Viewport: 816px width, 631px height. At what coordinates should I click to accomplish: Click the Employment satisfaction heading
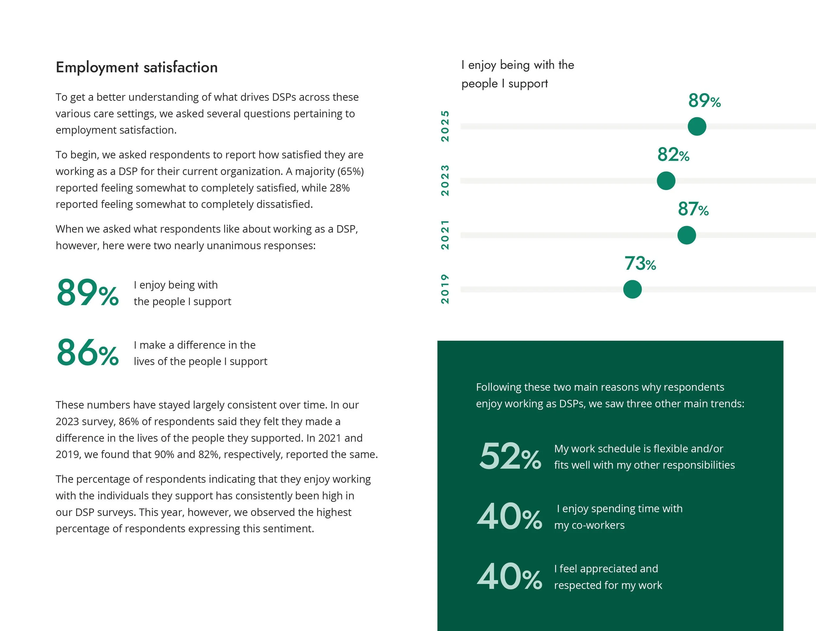pos(136,68)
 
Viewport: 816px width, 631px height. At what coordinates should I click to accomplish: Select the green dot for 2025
pos(697,126)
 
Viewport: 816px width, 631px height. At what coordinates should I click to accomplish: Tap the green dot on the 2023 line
pos(666,181)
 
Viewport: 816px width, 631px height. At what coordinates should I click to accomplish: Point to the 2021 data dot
pos(686,235)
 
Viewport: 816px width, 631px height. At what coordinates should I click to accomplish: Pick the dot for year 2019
pos(632,289)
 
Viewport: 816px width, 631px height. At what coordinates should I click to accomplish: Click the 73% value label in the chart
pos(640,264)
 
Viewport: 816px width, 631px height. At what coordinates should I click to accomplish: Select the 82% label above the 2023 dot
pos(673,155)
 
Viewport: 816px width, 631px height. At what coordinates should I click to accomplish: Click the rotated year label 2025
pos(445,126)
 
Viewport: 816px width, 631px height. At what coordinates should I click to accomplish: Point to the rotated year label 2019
pos(445,289)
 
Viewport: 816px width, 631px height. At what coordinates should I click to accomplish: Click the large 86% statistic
pos(87,352)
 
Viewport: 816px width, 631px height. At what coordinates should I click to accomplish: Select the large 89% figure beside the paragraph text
pos(87,293)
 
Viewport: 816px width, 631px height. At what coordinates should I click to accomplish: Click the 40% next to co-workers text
pos(510,517)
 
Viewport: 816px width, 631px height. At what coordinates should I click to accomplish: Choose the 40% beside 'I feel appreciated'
pos(510,577)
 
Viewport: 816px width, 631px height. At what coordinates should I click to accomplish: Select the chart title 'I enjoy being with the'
pos(517,65)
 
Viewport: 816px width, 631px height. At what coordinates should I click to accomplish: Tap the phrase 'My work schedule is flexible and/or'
pos(638,448)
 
